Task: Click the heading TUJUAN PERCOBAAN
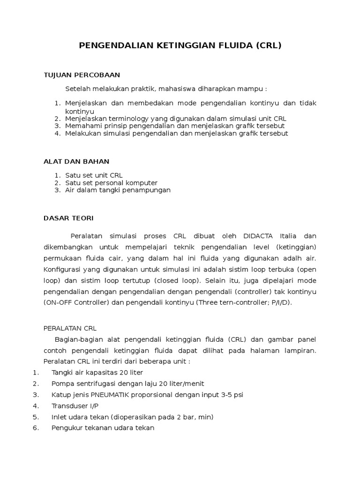pyautogui.click(x=82, y=75)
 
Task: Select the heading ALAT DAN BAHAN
pyautogui.click(x=76, y=161)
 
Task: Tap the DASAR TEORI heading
pyautogui.click(x=68, y=218)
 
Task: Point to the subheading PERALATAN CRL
pyautogui.click(x=69, y=328)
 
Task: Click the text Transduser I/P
pyautogui.click(x=75, y=405)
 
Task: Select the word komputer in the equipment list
pyautogui.click(x=140, y=183)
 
